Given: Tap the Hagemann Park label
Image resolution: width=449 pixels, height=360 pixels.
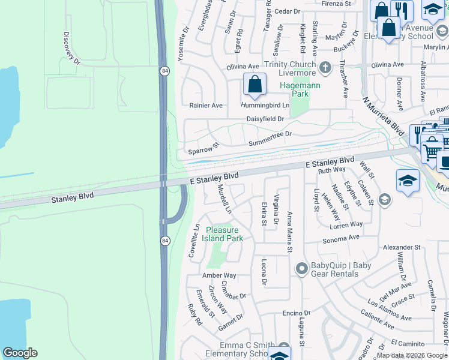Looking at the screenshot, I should click(x=300, y=89).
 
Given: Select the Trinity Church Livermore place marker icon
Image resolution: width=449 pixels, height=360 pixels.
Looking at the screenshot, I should click(x=325, y=67).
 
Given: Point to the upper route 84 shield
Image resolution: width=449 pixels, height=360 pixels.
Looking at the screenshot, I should click(x=164, y=71).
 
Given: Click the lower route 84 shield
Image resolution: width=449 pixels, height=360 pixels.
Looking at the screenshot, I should click(x=164, y=241).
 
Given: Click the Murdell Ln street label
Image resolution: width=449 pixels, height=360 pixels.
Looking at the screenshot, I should click(x=223, y=199).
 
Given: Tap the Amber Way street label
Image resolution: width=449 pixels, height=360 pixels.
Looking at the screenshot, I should click(x=219, y=275).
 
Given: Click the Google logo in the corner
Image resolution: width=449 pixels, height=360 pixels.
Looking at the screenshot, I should click(x=20, y=352).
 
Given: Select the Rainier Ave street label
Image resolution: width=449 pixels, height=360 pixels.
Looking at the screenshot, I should click(x=206, y=106).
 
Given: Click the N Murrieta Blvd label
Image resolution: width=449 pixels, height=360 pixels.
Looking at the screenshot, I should click(x=382, y=116).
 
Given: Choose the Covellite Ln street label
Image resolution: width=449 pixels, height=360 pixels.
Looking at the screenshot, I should click(x=194, y=241).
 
